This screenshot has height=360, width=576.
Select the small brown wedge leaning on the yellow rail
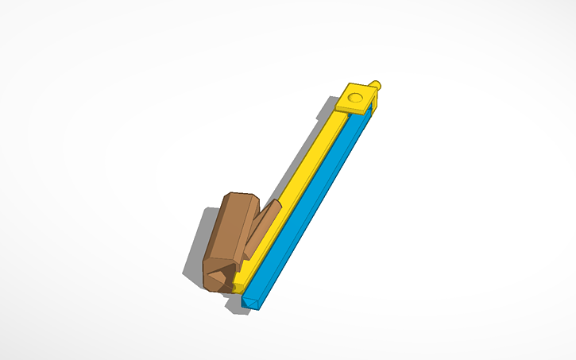[261, 226]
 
